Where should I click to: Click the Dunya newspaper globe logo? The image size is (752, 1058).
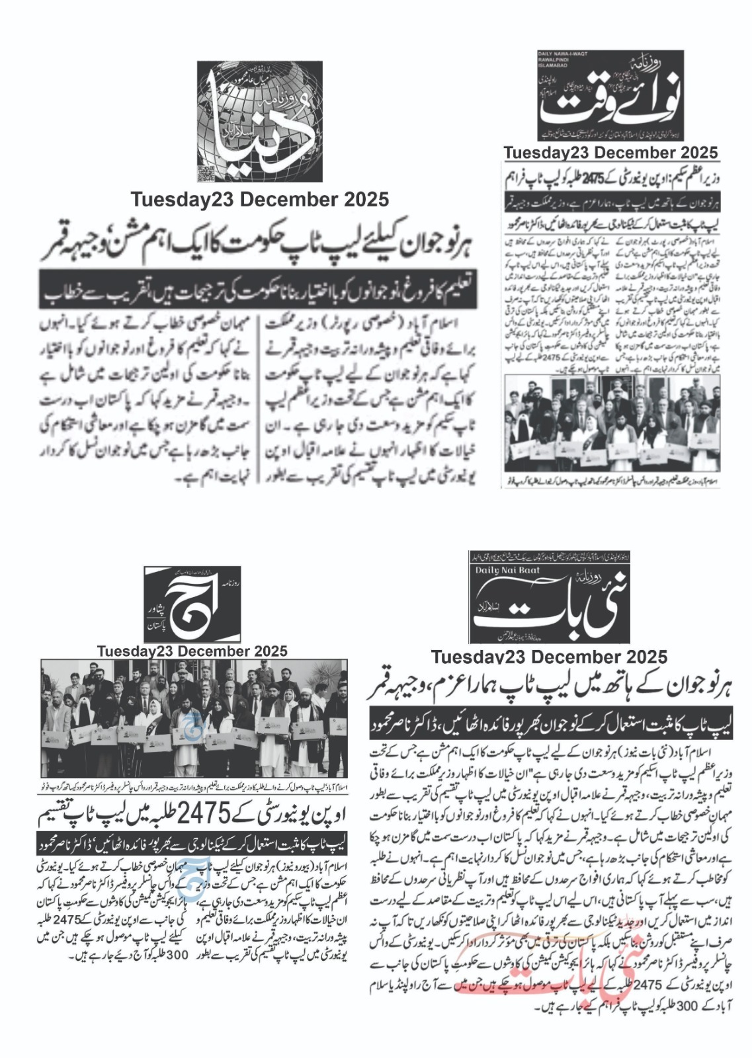pyautogui.click(x=259, y=121)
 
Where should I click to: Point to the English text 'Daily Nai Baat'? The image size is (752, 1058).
pyautogui.click(x=507, y=570)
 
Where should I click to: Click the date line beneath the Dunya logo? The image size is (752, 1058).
pyautogui.click(x=259, y=199)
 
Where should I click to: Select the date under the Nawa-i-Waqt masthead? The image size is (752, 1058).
pyautogui.click(x=610, y=153)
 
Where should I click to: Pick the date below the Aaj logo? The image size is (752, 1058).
pyautogui.click(x=192, y=651)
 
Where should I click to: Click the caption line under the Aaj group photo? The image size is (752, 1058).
pyautogui.click(x=193, y=788)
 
